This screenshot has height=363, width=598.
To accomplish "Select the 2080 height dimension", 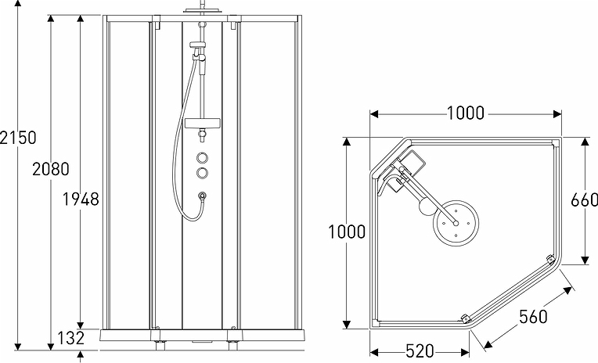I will tap(51, 168).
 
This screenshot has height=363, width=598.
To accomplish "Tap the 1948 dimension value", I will tap(81, 199).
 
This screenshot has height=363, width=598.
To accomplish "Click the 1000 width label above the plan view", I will tap(466, 113).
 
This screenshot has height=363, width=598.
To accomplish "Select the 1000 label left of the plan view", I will tap(347, 232).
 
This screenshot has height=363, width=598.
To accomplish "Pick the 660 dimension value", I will tap(585, 200).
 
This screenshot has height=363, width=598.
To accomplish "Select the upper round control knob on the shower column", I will tap(204, 156).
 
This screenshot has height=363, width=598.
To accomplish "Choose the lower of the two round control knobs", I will tap(204, 172).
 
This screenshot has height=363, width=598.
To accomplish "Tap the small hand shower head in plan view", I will tap(423, 207).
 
